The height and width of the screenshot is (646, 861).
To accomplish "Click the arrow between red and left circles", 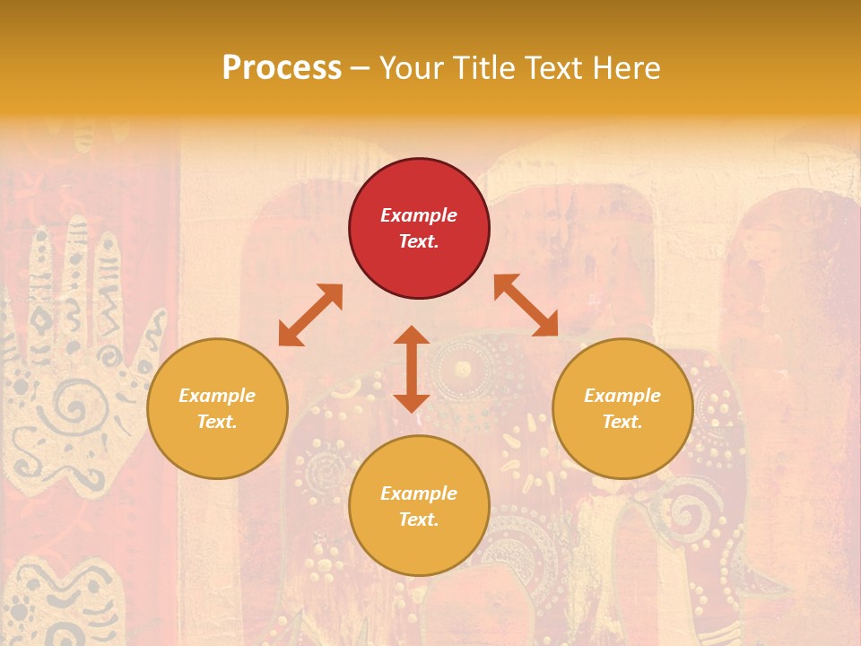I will [x=310, y=315].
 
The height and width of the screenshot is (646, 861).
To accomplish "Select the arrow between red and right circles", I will [x=526, y=305].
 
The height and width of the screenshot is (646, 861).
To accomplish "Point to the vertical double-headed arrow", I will [x=412, y=369].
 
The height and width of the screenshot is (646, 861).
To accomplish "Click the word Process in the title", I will [x=282, y=67].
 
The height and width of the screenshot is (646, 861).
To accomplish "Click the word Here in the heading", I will [x=627, y=67].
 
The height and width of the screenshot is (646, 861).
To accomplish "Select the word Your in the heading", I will [x=408, y=67].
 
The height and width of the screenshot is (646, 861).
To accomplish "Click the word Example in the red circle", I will [x=419, y=215].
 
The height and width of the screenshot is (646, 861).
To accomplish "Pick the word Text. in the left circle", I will [x=217, y=422].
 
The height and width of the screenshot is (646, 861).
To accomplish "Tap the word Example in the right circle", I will [x=622, y=396].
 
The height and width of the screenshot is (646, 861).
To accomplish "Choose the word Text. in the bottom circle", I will [x=419, y=519].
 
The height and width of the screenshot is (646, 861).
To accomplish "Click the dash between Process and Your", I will [x=361, y=68].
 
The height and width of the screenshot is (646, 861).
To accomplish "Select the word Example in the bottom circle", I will [x=419, y=493].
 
